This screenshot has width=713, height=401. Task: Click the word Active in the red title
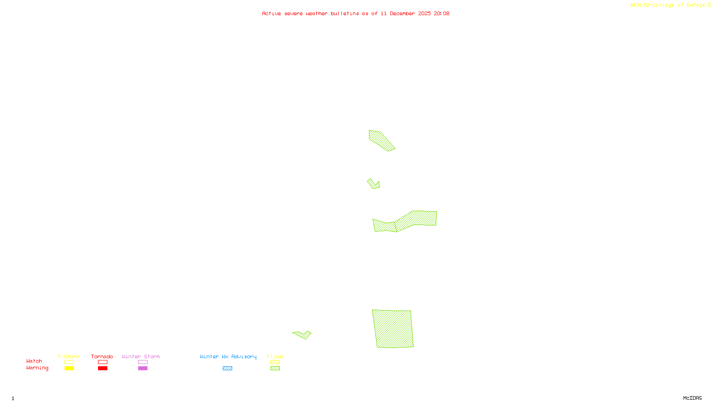(x=271, y=13)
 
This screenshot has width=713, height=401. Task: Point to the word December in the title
(x=402, y=13)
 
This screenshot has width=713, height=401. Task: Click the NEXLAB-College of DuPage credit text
(x=668, y=5)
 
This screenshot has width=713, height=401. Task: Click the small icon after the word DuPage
(x=709, y=5)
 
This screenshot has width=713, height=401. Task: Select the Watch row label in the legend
(x=34, y=361)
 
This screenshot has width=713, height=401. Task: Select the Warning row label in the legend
(x=37, y=368)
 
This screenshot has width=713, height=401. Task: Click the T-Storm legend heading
(x=69, y=356)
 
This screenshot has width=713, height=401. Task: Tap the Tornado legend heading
(x=102, y=356)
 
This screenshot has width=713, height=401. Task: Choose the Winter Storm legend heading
(x=141, y=356)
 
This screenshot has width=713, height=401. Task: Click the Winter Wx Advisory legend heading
(x=228, y=356)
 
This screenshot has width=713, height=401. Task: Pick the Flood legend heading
(x=275, y=356)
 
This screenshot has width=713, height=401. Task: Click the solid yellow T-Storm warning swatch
(x=69, y=368)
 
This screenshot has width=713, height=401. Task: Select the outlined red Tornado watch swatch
(x=102, y=362)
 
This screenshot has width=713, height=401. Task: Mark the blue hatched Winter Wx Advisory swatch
(x=227, y=368)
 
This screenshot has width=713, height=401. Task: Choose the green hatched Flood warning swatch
(x=275, y=368)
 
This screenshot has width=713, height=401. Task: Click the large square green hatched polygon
(x=393, y=329)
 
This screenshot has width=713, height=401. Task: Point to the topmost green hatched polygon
(x=380, y=140)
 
